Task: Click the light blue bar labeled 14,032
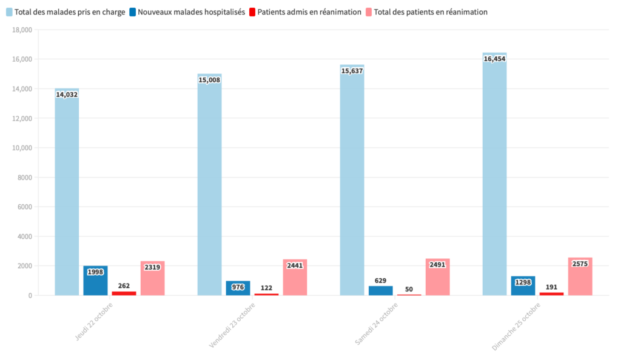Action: pyautogui.click(x=67, y=194)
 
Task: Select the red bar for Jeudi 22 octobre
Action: pyautogui.click(x=124, y=293)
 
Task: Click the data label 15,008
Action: pyautogui.click(x=209, y=80)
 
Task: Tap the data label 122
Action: pyautogui.click(x=266, y=288)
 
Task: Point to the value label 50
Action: pyautogui.click(x=409, y=289)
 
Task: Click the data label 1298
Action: pyautogui.click(x=523, y=282)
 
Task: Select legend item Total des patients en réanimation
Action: pyautogui.click(x=431, y=12)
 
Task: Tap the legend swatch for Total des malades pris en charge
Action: pyautogui.click(x=9, y=12)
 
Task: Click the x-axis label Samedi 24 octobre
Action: pyautogui.click(x=377, y=324)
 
